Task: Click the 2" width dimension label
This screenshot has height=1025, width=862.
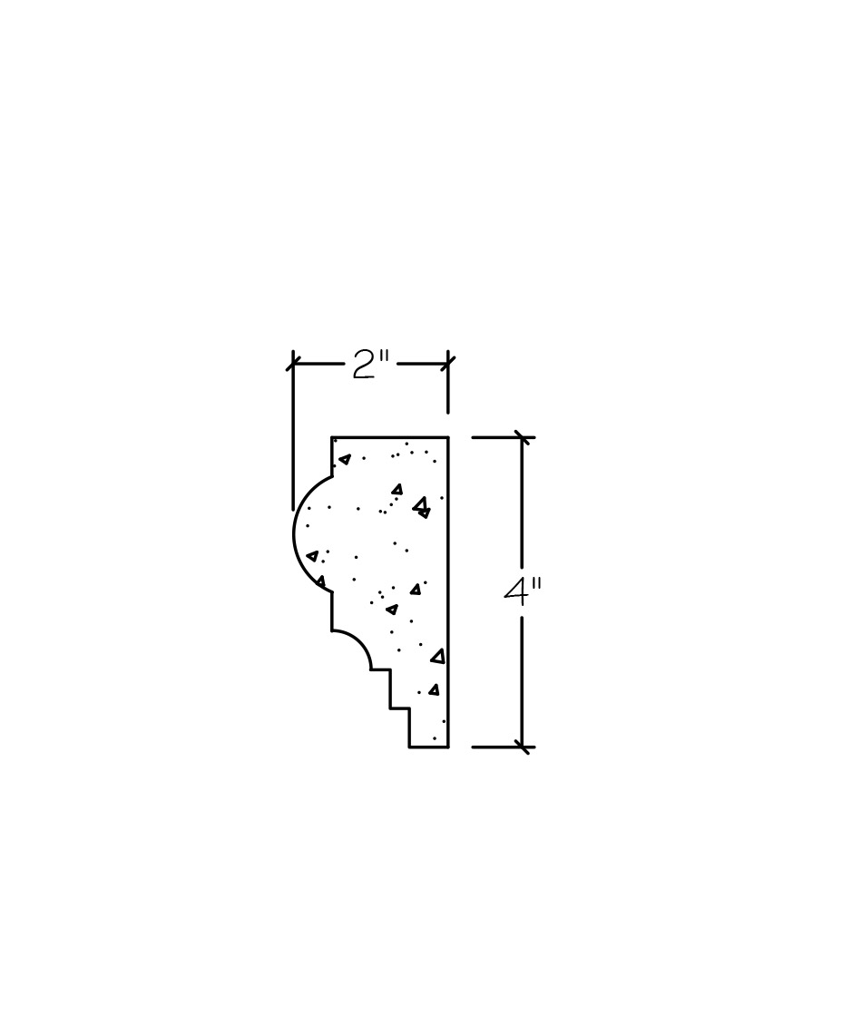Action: click(370, 366)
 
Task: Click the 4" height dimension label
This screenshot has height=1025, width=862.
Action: click(524, 591)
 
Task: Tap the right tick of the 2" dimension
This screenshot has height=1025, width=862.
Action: click(448, 362)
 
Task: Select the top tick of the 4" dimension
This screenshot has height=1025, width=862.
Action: click(522, 436)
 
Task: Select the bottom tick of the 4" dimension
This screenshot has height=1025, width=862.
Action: click(522, 746)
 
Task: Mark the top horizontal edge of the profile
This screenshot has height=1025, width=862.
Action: click(390, 436)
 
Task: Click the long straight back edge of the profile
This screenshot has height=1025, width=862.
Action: click(448, 591)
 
